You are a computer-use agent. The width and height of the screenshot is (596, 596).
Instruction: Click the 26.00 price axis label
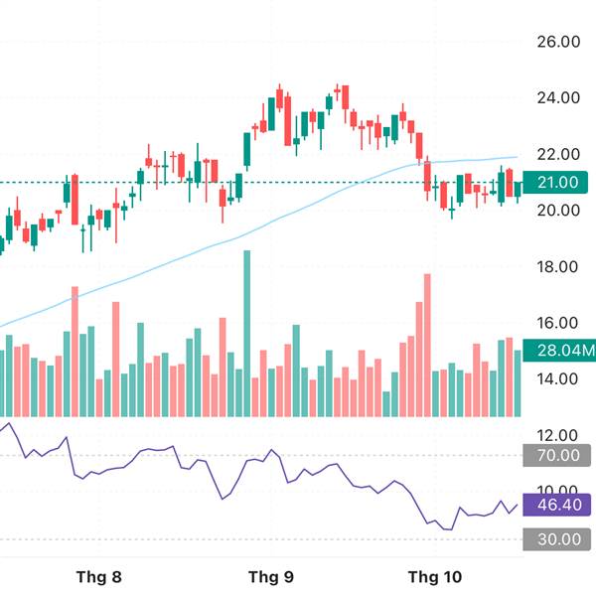(556, 43)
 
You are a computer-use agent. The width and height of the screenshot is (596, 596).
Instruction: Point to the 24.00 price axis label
(556, 98)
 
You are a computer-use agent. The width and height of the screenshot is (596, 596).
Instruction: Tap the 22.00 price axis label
(556, 155)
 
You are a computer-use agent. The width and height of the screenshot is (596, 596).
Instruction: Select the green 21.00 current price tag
(556, 182)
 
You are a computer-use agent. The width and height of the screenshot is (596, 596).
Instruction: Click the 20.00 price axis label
(556, 211)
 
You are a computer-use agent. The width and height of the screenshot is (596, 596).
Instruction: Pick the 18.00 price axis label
(556, 267)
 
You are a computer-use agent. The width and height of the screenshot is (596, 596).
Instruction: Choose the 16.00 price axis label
(556, 323)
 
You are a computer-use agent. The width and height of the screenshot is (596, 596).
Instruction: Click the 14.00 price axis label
(556, 378)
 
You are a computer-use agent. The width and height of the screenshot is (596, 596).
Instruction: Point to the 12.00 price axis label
(556, 435)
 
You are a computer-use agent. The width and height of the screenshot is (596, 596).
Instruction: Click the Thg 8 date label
(98, 577)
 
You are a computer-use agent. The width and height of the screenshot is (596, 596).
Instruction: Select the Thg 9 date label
(270, 577)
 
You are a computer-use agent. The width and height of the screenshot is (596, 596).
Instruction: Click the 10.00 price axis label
(556, 491)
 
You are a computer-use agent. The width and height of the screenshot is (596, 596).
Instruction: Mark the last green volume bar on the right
(518, 383)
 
